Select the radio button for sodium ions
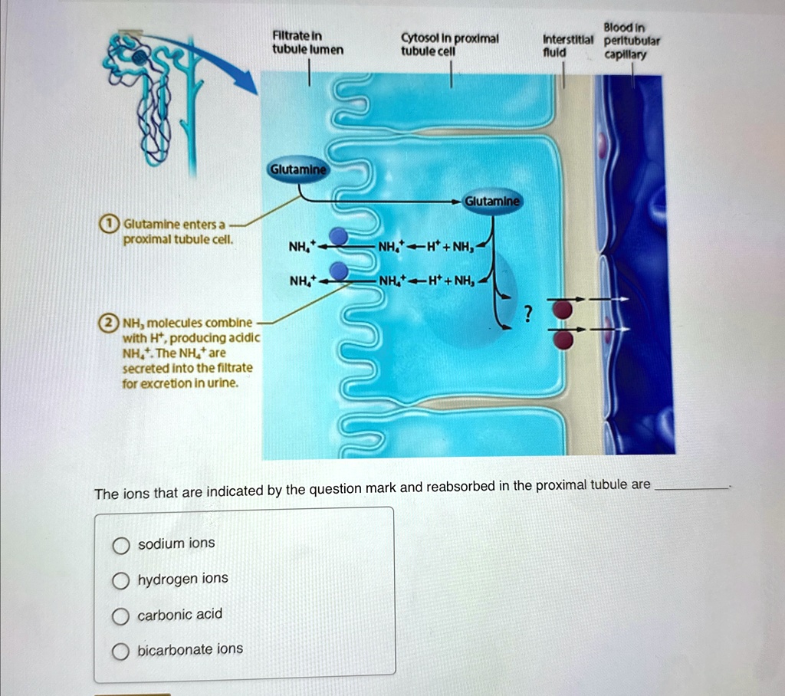coord(120,545)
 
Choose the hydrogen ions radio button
coord(120,581)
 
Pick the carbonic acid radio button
coord(120,616)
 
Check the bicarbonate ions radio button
coord(120,652)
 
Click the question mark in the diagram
coord(527,314)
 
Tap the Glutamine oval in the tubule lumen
coord(298,170)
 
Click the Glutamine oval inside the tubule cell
coord(492,202)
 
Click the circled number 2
coord(108,323)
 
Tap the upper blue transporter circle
coord(339,236)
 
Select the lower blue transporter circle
coord(340,271)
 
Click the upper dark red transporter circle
coord(563,310)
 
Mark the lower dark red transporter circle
coord(563,340)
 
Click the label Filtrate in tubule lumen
coord(307,43)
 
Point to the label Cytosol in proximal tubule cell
coord(449,44)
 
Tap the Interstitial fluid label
coord(568,45)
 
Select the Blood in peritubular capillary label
coord(632,41)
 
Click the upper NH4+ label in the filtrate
coord(303,246)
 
